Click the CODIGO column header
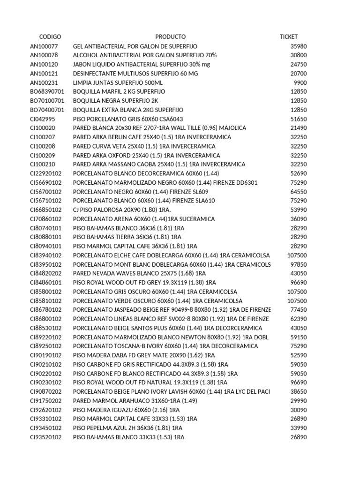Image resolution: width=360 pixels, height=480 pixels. (50, 37)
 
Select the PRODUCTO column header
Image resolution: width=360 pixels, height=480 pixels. (170, 37)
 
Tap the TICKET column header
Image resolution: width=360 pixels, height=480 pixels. (288, 37)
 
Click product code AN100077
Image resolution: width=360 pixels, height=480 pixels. (44, 46)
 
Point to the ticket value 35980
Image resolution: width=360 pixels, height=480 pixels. (299, 46)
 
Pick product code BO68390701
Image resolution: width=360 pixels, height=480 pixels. (47, 91)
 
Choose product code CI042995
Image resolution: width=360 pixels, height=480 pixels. (43, 119)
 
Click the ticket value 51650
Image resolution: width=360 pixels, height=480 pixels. (299, 119)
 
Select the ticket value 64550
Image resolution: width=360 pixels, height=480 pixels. (299, 192)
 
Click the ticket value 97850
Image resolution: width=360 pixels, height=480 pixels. (299, 264)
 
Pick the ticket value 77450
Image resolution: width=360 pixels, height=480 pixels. (299, 310)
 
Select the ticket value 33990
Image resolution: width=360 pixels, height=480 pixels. (299, 428)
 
